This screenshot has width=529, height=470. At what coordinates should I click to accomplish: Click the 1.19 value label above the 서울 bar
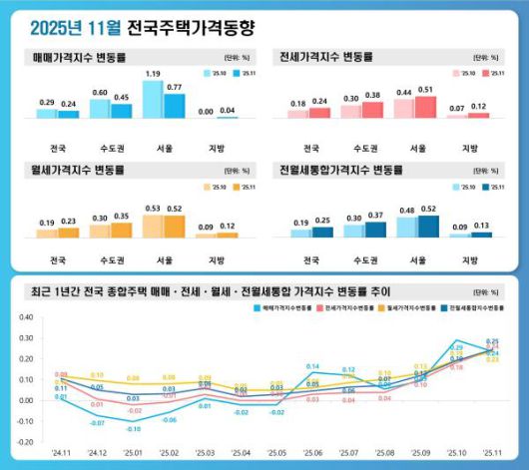152,74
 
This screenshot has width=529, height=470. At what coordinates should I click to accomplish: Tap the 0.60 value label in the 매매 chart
100,92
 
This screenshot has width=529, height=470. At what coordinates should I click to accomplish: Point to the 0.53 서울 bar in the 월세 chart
153,227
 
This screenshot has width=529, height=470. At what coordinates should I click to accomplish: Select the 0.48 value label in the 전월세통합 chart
404,210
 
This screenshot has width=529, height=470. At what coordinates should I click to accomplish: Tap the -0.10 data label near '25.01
133,429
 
